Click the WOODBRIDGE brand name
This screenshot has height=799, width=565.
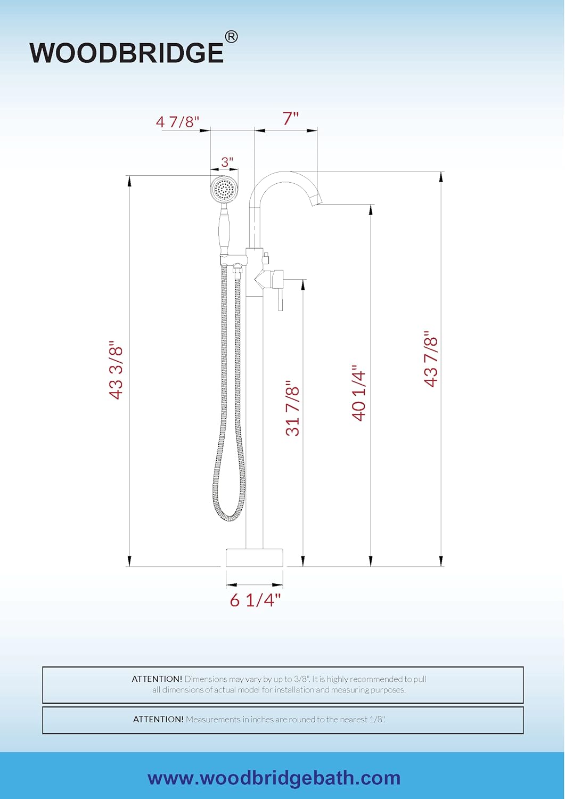click(127, 53)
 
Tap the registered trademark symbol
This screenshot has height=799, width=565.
click(231, 37)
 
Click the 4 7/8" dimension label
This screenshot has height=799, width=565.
click(177, 121)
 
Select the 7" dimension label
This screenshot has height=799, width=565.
click(290, 118)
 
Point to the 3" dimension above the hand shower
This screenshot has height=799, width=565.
click(227, 162)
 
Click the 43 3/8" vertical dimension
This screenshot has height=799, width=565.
click(116, 370)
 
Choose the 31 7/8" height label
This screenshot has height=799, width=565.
click(293, 408)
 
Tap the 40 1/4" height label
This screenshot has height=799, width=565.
click(359, 393)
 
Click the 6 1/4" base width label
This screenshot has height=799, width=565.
click(255, 600)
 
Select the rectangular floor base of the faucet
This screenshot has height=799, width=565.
click(255, 557)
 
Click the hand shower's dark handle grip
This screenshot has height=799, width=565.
click(225, 230)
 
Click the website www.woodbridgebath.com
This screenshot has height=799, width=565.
click(274, 778)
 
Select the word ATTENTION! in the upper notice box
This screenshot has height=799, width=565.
click(157, 679)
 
